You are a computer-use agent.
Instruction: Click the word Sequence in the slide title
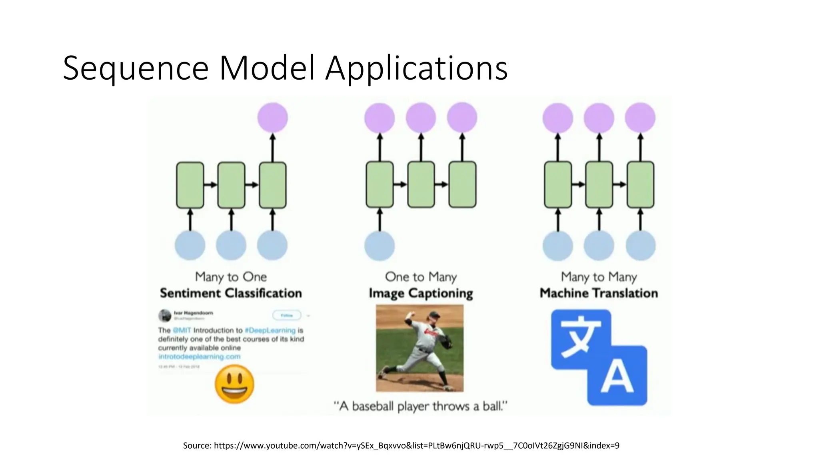coord(136,69)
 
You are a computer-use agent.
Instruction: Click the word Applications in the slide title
coord(416,69)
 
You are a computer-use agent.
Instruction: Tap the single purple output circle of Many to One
coord(273,118)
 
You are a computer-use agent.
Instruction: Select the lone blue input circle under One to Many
coord(380,245)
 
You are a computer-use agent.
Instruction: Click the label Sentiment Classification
coord(231,293)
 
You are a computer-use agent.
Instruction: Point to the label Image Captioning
coord(421,293)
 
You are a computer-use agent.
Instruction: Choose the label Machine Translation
coord(599,293)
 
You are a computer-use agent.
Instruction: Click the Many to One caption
coord(231,277)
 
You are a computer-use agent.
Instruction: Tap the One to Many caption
coord(421,277)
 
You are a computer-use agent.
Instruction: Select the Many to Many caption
coord(599,277)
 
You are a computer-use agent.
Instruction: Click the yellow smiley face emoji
coord(234,384)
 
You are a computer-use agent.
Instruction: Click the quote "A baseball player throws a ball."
coord(421,406)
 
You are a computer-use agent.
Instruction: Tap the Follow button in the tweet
coord(287,315)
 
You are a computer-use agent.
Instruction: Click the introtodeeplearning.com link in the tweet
coord(199,357)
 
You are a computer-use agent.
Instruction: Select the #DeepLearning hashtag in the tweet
coord(270,330)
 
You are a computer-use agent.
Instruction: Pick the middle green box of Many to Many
coord(599,184)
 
